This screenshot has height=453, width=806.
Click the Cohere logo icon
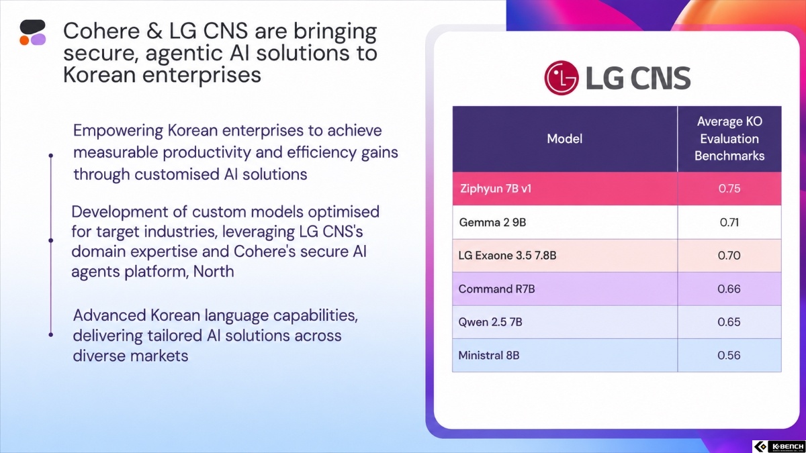33,32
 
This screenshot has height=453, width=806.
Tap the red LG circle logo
562,78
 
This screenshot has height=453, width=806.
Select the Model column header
565,139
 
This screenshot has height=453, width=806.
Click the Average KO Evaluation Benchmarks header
729,139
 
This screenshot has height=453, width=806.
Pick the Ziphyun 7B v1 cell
496,189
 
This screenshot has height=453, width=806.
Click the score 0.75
729,189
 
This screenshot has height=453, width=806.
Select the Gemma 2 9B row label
492,222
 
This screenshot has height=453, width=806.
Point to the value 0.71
729,222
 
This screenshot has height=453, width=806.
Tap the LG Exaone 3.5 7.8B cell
507,255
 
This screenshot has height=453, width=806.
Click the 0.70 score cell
729,255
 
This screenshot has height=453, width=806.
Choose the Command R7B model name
496,289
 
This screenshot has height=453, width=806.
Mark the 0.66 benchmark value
729,289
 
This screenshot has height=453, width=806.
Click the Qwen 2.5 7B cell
490,321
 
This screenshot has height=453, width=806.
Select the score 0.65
729,321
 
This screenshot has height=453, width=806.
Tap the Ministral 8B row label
489,355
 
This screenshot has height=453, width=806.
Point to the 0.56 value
729,355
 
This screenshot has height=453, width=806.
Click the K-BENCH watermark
778,446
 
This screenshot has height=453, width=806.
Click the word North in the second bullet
214,271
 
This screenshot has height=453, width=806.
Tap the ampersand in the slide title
154,31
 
